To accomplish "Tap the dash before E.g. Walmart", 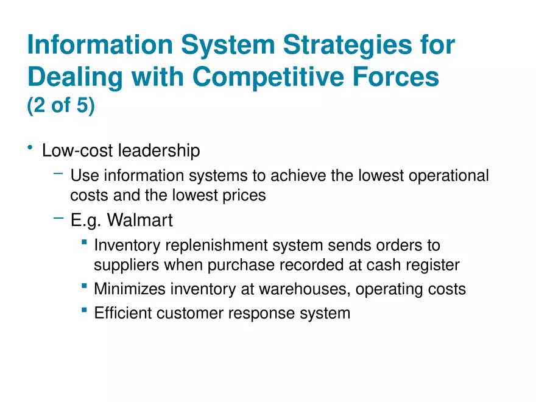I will click(x=58, y=216).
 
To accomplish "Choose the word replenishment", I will click(x=213, y=245).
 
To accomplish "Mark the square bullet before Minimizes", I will click(x=83, y=285).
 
